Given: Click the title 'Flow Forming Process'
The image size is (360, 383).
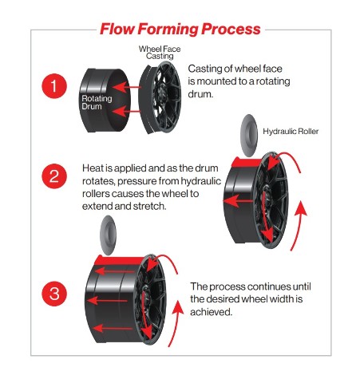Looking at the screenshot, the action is pyautogui.click(x=180, y=29).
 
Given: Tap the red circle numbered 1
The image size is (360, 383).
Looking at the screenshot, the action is pyautogui.click(x=54, y=86).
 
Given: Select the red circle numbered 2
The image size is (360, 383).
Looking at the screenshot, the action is pyautogui.click(x=54, y=176).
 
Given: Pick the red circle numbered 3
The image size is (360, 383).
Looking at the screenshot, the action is pyautogui.click(x=54, y=294).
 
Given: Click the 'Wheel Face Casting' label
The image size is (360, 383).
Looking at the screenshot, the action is pyautogui.click(x=160, y=53).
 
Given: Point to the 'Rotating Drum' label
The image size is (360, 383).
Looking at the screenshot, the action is pyautogui.click(x=97, y=102).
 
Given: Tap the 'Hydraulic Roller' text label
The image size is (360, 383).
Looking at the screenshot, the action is pyautogui.click(x=291, y=131).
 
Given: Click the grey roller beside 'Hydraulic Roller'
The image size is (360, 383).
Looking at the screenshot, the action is pyautogui.click(x=249, y=136).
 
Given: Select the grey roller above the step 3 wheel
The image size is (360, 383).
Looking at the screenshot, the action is pyautogui.click(x=108, y=235).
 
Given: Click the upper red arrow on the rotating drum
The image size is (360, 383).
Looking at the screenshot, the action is pyautogui.click(x=126, y=87).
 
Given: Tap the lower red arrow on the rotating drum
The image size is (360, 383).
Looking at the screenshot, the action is pyautogui.click(x=126, y=111).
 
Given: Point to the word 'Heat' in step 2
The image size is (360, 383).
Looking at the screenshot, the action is pyautogui.click(x=92, y=168).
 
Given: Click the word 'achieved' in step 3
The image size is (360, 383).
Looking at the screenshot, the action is pyautogui.click(x=210, y=311).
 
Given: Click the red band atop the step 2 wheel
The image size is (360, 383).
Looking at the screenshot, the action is pyautogui.click(x=247, y=163).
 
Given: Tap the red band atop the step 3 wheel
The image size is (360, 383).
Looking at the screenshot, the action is pyautogui.click(x=119, y=260).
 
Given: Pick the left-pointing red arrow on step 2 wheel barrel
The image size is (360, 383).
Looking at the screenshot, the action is pyautogui.click(x=238, y=201).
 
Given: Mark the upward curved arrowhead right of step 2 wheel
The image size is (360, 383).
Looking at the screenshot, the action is pyautogui.click(x=301, y=209).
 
